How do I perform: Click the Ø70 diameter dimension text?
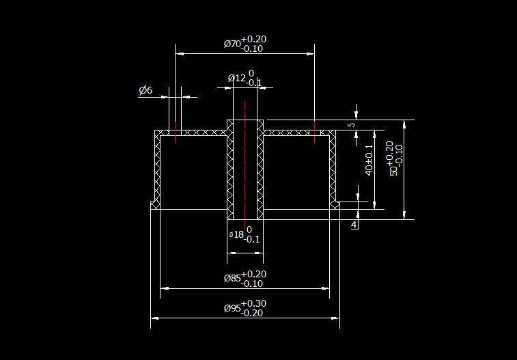232,44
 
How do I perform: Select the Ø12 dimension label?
236,79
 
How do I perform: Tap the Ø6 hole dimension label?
145,90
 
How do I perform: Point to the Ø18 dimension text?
238,234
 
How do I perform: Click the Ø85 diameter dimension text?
232,278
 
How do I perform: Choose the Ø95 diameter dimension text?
232,308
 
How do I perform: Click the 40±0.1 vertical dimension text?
369,160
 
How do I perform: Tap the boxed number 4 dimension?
354,225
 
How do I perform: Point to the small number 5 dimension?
351,125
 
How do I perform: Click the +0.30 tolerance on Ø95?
253,303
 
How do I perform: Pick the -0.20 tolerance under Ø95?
253,313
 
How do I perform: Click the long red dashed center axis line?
244,164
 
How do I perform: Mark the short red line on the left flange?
176,133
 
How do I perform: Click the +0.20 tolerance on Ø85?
253,274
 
